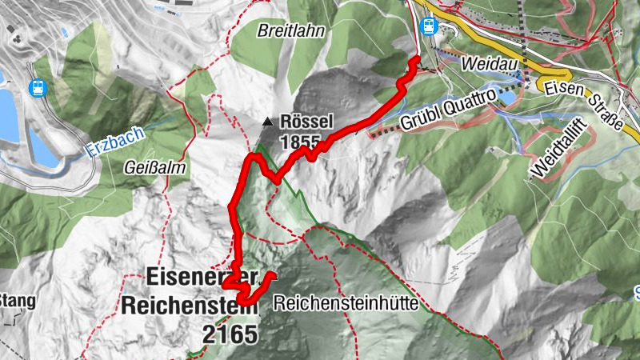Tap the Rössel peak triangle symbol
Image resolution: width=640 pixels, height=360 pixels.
[x=267, y=122]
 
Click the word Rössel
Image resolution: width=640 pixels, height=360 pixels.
[x=306, y=124]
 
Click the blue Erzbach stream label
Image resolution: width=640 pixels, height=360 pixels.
[x=118, y=141]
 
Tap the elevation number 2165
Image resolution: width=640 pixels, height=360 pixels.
[x=230, y=333]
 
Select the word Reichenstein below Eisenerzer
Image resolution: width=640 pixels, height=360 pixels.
[x=190, y=305]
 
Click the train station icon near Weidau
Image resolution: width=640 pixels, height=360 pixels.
[x=428, y=26]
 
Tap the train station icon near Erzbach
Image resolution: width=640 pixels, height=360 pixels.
[x=36, y=87]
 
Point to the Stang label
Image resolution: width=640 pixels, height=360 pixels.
[x=16, y=301]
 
